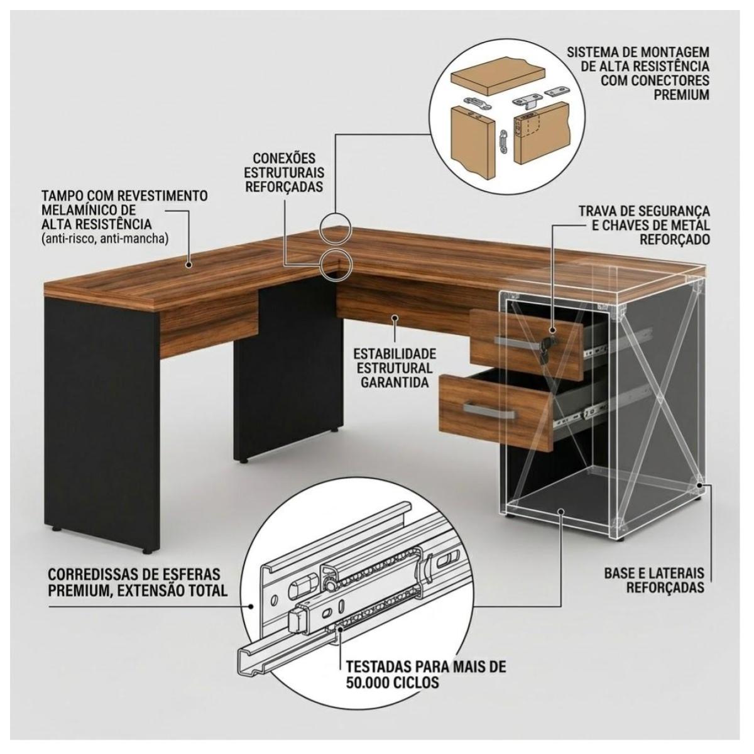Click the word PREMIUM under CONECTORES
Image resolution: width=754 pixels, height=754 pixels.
(682, 95)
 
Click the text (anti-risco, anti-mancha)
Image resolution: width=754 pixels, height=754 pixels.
(105, 239)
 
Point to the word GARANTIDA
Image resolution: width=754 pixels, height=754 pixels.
(395, 382)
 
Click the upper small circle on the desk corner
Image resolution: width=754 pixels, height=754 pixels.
(336, 228)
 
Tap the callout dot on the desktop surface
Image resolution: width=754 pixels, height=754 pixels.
(189, 265)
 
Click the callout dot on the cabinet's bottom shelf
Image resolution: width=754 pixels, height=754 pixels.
(561, 511)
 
